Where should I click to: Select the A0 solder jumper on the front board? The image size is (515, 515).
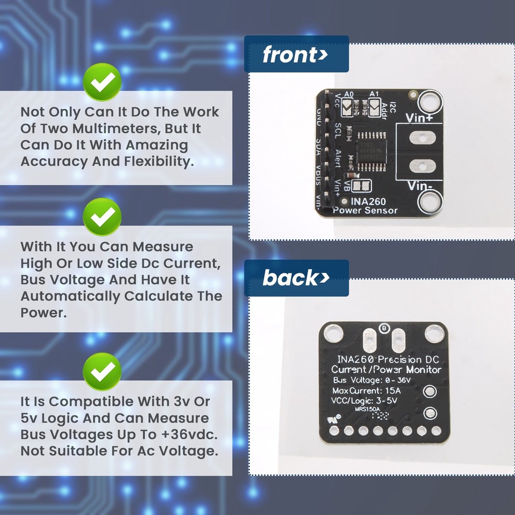[349, 107]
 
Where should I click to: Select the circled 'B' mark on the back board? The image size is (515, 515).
[383, 328]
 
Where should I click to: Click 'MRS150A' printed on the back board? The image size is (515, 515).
[368, 410]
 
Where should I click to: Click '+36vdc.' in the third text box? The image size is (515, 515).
[188, 434]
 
